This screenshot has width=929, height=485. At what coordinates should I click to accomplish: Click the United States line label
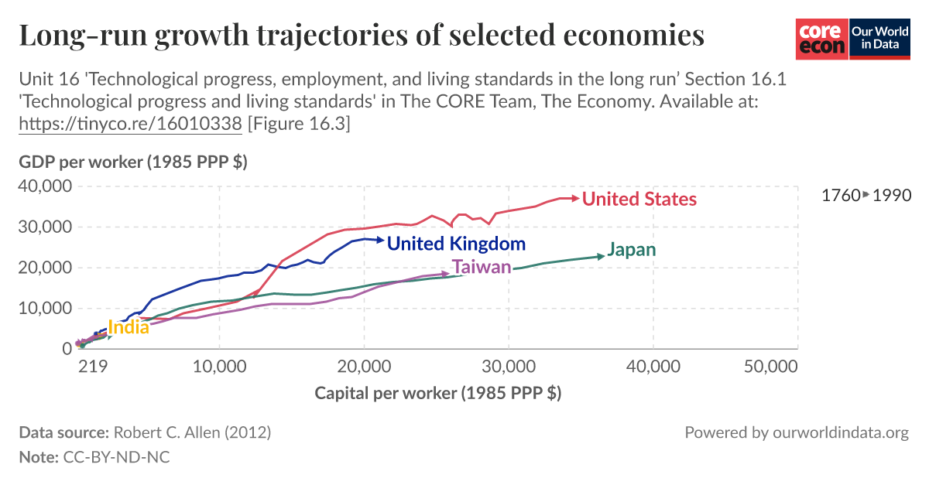click(639, 200)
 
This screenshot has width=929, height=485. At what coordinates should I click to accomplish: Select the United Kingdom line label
click(456, 244)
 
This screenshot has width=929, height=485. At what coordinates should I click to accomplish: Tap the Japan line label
click(632, 250)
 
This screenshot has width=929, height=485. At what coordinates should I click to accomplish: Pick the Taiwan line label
click(482, 268)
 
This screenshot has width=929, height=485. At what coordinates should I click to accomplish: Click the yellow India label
click(129, 327)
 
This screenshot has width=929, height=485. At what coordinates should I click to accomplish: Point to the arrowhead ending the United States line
click(575, 199)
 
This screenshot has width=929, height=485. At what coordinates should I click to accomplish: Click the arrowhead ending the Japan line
click(602, 256)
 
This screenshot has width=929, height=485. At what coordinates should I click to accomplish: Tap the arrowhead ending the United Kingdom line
click(379, 240)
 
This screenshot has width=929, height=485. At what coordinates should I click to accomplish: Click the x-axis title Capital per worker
click(437, 393)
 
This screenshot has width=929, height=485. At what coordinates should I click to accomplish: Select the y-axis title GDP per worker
click(132, 162)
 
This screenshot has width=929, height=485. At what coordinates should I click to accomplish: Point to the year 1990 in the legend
click(891, 196)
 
